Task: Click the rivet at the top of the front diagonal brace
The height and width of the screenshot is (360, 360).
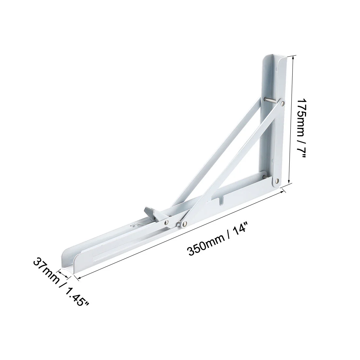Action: click(x=283, y=103)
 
